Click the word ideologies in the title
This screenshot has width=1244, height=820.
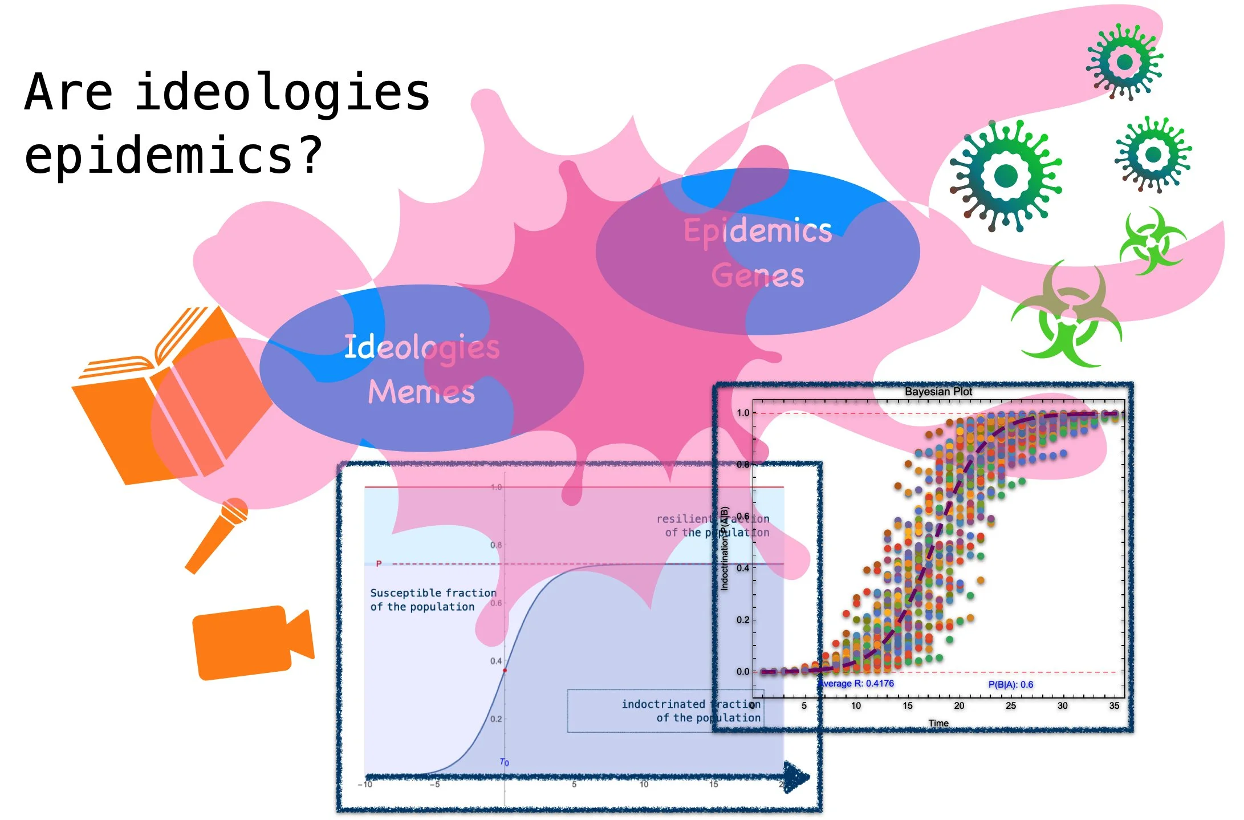[283, 92]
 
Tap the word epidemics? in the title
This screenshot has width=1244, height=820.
[174, 155]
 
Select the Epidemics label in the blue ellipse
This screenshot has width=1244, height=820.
[758, 231]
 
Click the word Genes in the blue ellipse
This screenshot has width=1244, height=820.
[758, 275]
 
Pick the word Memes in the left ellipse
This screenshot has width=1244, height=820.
[421, 392]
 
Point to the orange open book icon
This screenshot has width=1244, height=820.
[171, 399]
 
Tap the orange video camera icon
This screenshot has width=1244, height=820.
[251, 642]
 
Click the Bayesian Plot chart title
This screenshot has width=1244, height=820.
[938, 392]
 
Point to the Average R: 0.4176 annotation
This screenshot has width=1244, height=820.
[856, 683]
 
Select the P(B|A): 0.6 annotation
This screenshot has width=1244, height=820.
[1010, 684]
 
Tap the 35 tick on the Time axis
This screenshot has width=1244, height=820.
[1114, 706]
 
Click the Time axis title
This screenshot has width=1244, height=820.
[938, 723]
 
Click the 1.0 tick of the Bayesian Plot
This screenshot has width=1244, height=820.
[743, 413]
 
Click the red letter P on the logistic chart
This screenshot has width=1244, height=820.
[379, 564]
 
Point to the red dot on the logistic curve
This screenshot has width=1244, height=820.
[505, 671]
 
